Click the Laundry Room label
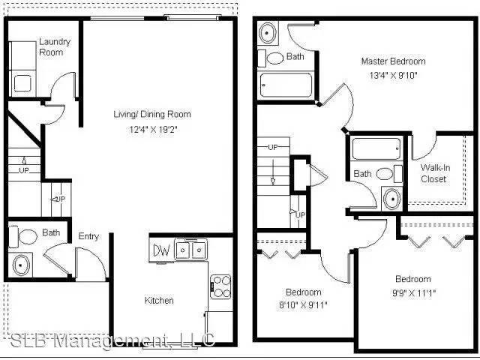click(54, 46)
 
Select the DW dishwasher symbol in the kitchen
click(161, 250)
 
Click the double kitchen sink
click(191, 249)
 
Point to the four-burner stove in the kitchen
click(221, 283)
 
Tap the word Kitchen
click(159, 301)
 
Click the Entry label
click(88, 237)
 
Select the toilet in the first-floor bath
click(26, 237)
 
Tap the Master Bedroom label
click(393, 61)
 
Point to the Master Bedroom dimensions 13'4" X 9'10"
click(393, 74)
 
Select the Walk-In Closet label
click(435, 173)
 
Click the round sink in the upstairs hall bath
click(391, 198)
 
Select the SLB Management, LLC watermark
click(112, 341)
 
